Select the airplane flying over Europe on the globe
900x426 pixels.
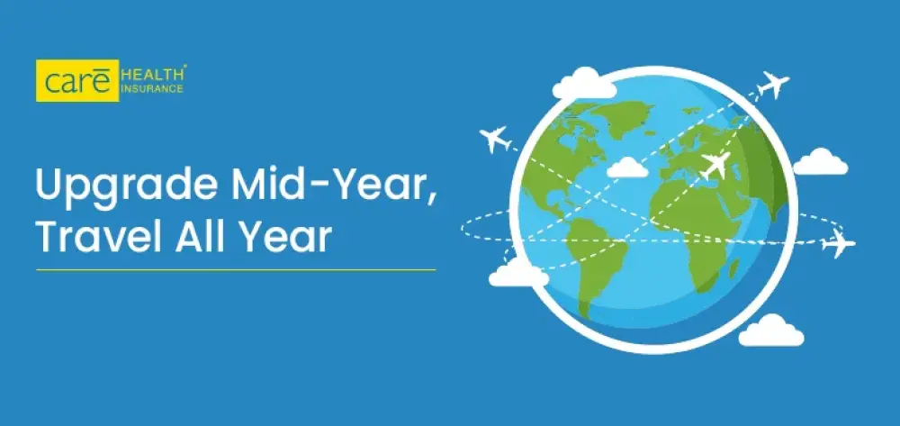715,165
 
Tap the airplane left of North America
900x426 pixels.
494,140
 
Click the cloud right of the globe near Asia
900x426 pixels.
820,162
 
